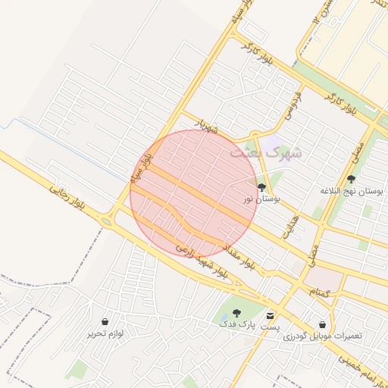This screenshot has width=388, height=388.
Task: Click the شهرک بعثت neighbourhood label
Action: click(x=265, y=152)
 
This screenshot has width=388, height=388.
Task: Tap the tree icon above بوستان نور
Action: click(x=261, y=187)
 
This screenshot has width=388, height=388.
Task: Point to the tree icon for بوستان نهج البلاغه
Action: click(x=350, y=180)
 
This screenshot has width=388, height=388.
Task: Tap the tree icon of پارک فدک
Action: click(x=236, y=313)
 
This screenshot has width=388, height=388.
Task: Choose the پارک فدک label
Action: click(x=235, y=324)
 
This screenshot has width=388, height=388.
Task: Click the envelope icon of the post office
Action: click(x=271, y=314)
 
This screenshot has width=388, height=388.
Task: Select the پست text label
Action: click(x=271, y=327)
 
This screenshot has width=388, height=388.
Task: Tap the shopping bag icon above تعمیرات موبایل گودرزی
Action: click(x=323, y=324)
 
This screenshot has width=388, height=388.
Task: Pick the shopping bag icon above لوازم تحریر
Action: click(x=105, y=322)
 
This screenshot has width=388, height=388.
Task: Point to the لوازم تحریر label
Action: click(x=105, y=334)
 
